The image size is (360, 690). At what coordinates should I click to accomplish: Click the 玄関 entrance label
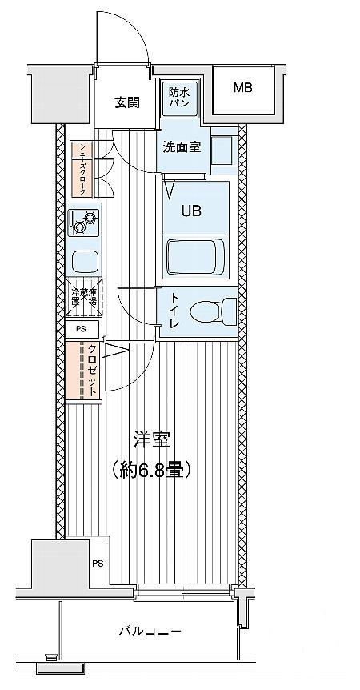[x=126, y=102]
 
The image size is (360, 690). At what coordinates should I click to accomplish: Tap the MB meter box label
[x=242, y=87]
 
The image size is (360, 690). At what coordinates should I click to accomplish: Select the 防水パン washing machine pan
[x=178, y=98]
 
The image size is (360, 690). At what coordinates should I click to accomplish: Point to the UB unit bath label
[x=190, y=211]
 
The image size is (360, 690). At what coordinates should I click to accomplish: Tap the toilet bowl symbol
[x=224, y=308]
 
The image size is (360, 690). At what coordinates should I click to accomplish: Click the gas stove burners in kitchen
[x=84, y=222]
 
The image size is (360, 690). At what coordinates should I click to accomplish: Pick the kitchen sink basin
[x=84, y=260]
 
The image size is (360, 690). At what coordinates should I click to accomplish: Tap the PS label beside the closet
[x=81, y=328]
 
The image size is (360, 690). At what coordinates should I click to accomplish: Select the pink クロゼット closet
[x=83, y=371]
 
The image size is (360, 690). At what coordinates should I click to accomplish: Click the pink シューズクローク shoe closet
[x=82, y=169]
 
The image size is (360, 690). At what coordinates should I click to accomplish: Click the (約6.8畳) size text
[x=151, y=470]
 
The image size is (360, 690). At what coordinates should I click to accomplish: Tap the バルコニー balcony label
[x=150, y=632]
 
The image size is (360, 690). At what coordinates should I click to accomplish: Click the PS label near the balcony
[x=98, y=564]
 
